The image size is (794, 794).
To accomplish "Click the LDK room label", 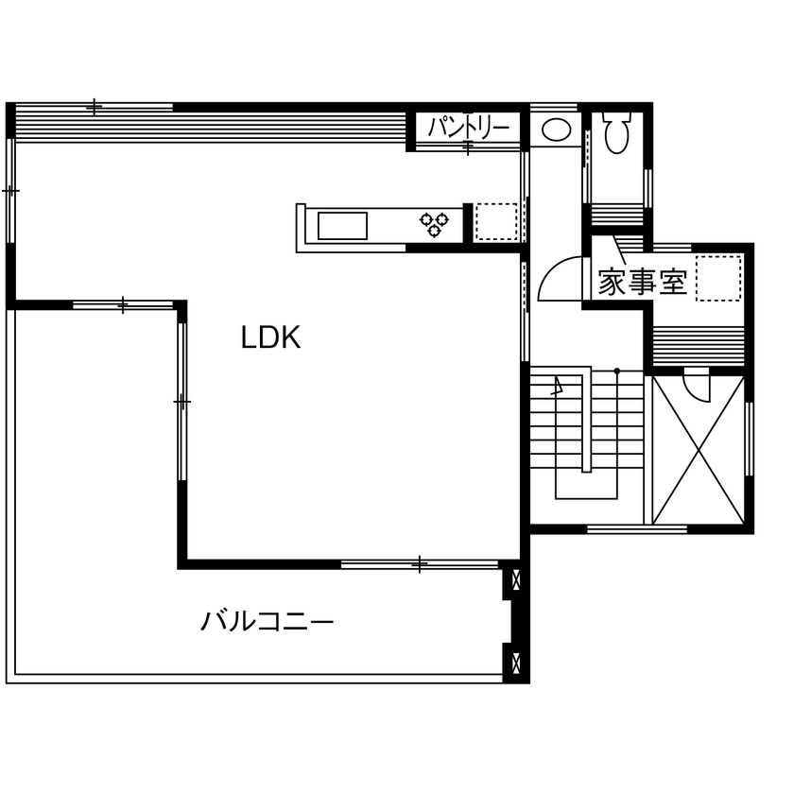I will click(x=270, y=337).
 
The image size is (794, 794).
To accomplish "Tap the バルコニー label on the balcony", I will click(x=268, y=621).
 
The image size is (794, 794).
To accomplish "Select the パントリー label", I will click(x=468, y=127).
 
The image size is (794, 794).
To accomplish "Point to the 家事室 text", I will click(x=642, y=282).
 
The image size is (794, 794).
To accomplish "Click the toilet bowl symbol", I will click(x=617, y=133).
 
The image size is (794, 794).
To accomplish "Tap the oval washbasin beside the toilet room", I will click(x=555, y=129).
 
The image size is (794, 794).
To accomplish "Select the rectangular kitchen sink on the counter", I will click(x=342, y=227).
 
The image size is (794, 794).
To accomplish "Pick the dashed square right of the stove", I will click(x=496, y=221).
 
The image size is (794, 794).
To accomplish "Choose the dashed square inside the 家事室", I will click(x=718, y=278).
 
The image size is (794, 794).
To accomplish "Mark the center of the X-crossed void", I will click(x=698, y=448).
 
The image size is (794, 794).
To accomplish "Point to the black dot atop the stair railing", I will click(x=616, y=371).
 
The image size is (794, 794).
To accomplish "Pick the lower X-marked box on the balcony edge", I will click(x=515, y=659).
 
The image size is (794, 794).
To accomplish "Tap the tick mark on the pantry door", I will click(x=469, y=147).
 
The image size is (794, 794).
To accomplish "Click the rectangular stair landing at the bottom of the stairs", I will click(x=586, y=484).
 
